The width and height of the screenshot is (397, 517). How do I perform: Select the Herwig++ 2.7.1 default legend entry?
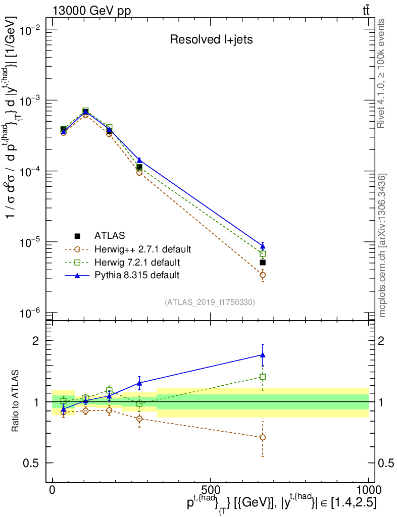pyautogui.click(x=143, y=249)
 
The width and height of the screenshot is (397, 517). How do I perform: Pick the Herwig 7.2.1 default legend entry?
pyautogui.click(x=137, y=262)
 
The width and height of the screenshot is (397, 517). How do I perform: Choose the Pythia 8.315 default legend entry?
pyautogui.click(x=137, y=275)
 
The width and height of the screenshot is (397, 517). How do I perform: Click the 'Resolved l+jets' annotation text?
pyautogui.click(x=211, y=40)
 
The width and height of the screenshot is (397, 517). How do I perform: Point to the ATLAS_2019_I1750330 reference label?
pyautogui.click(x=210, y=302)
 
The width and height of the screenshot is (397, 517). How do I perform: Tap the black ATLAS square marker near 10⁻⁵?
pyautogui.click(x=263, y=263)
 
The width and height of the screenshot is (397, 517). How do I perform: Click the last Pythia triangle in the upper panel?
pyautogui.click(x=263, y=246)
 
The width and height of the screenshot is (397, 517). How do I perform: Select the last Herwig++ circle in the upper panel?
pyautogui.click(x=263, y=275)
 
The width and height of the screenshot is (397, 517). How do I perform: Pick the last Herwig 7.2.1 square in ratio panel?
pyautogui.click(x=263, y=377)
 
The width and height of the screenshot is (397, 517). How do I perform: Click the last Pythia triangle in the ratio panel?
pyautogui.click(x=263, y=355)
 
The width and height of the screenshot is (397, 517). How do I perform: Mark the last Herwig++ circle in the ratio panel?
pyautogui.click(x=263, y=437)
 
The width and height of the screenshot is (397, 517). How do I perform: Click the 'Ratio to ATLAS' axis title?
pyautogui.click(x=16, y=401)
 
